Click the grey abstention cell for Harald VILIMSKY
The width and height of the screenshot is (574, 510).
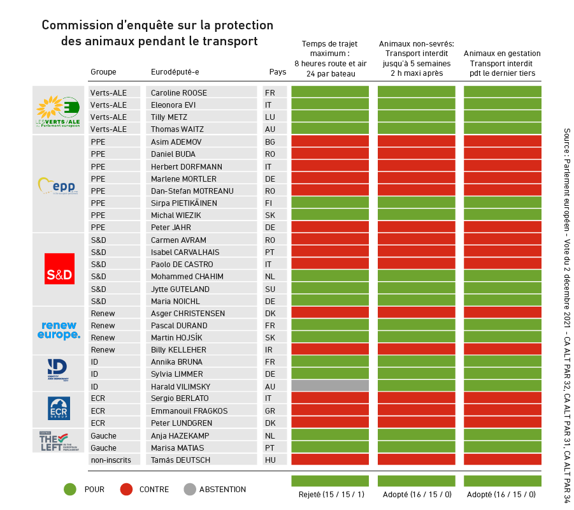click(330, 386)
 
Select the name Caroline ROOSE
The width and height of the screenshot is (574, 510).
click(179, 93)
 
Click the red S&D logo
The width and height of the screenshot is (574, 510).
click(59, 268)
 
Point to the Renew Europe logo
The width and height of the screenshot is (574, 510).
click(59, 330)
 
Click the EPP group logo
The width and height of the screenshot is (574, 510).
click(58, 186)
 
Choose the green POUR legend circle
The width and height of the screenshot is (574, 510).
click(70, 490)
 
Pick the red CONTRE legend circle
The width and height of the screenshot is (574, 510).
click(126, 490)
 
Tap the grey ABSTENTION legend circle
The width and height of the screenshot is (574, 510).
click(189, 490)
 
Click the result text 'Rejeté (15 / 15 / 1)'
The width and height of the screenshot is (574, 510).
click(330, 495)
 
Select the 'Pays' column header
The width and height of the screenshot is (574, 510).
click(278, 72)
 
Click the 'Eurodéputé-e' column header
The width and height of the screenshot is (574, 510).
click(175, 72)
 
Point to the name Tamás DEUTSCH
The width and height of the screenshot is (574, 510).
click(180, 460)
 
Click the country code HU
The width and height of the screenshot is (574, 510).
click(270, 460)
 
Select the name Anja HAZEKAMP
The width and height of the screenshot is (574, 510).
click(181, 436)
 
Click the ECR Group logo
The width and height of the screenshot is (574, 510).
click(59, 409)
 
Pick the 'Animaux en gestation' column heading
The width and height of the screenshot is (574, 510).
click(502, 54)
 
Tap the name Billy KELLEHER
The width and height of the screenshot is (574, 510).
click(179, 350)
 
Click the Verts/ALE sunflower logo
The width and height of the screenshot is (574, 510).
click(58, 110)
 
